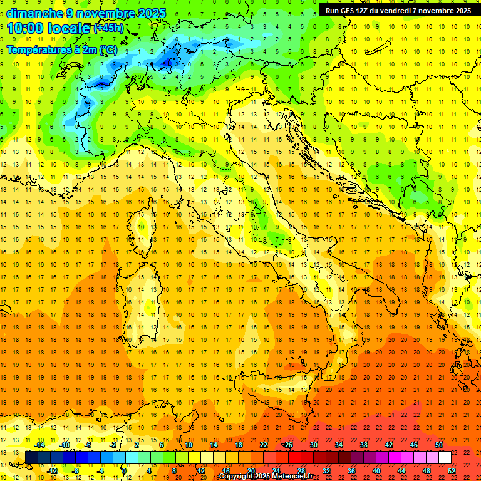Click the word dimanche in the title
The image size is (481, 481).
coord(35,13)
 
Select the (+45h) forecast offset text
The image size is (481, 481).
coord(108,28)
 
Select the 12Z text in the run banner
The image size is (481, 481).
coord(368,11)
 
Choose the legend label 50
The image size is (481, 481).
coord(438,445)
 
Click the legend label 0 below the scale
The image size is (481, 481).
coord(124,471)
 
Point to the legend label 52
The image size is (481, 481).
coord(452,471)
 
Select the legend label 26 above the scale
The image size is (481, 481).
coord(287,445)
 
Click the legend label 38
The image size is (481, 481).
coord(363,445)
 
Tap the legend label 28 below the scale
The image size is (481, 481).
coord(301,471)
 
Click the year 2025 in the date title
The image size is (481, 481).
coord(152,13)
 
